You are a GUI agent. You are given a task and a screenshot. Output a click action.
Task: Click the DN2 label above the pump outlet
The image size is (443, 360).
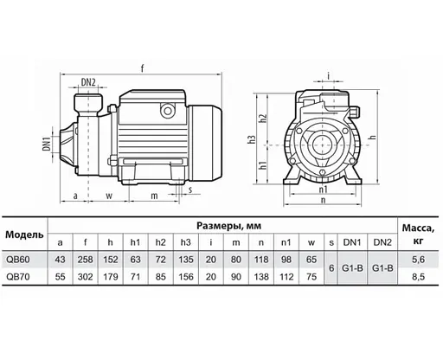(x=88, y=82)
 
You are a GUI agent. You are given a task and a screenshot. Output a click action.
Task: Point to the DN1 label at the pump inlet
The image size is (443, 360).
(x=47, y=144)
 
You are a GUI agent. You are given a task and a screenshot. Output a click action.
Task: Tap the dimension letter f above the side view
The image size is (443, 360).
(x=142, y=68)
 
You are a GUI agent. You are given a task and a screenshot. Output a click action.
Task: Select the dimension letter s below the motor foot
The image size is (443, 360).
(x=190, y=190)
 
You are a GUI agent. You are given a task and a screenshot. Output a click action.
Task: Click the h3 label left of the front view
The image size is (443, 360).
(x=253, y=139)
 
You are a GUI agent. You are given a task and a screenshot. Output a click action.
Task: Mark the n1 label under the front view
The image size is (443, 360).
(x=323, y=190)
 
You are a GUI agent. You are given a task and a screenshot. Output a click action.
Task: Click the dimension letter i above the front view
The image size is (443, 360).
(x=329, y=76)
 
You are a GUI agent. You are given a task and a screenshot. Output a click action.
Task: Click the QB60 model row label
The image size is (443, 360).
(x=18, y=260)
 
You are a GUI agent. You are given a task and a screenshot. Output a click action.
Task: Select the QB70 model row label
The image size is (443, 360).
(x=18, y=277)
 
